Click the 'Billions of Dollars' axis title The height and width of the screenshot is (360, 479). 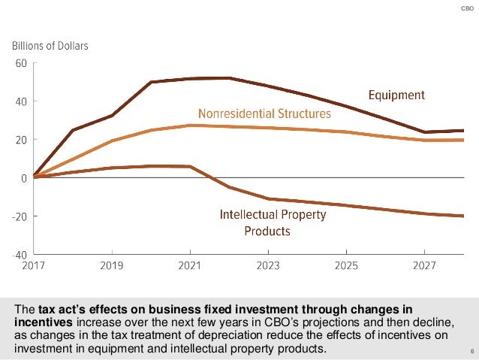coord(50,46)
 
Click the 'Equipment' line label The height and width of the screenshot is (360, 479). coord(396,95)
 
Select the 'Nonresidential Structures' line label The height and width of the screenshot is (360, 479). coord(264,114)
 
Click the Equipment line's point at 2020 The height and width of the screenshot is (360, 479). coord(151,82)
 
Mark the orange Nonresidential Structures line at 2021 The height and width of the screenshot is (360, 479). coord(190,126)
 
